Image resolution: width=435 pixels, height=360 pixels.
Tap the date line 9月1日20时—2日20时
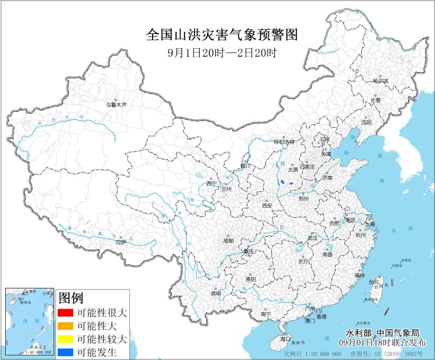222,52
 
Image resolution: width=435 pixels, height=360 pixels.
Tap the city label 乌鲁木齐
116,105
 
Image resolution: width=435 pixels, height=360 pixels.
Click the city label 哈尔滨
380,81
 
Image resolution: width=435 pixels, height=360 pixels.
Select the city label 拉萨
121,242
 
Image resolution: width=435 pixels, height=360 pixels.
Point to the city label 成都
228,240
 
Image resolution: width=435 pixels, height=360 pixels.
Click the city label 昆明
216,293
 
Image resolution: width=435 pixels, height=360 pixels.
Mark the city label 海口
286,338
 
